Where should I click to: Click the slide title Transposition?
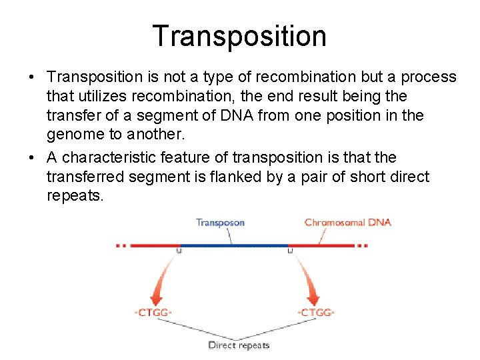click(x=239, y=35)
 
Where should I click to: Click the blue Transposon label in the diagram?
click(x=220, y=223)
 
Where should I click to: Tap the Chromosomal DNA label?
click(x=347, y=223)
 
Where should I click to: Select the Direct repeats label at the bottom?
click(x=239, y=345)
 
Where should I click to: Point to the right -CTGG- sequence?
click(x=315, y=313)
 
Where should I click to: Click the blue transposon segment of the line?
click(x=233, y=245)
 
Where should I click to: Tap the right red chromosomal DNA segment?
click(x=323, y=245)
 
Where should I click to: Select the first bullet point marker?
click(x=32, y=77)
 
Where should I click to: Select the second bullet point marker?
click(x=32, y=158)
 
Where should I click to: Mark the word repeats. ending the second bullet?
click(x=75, y=196)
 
